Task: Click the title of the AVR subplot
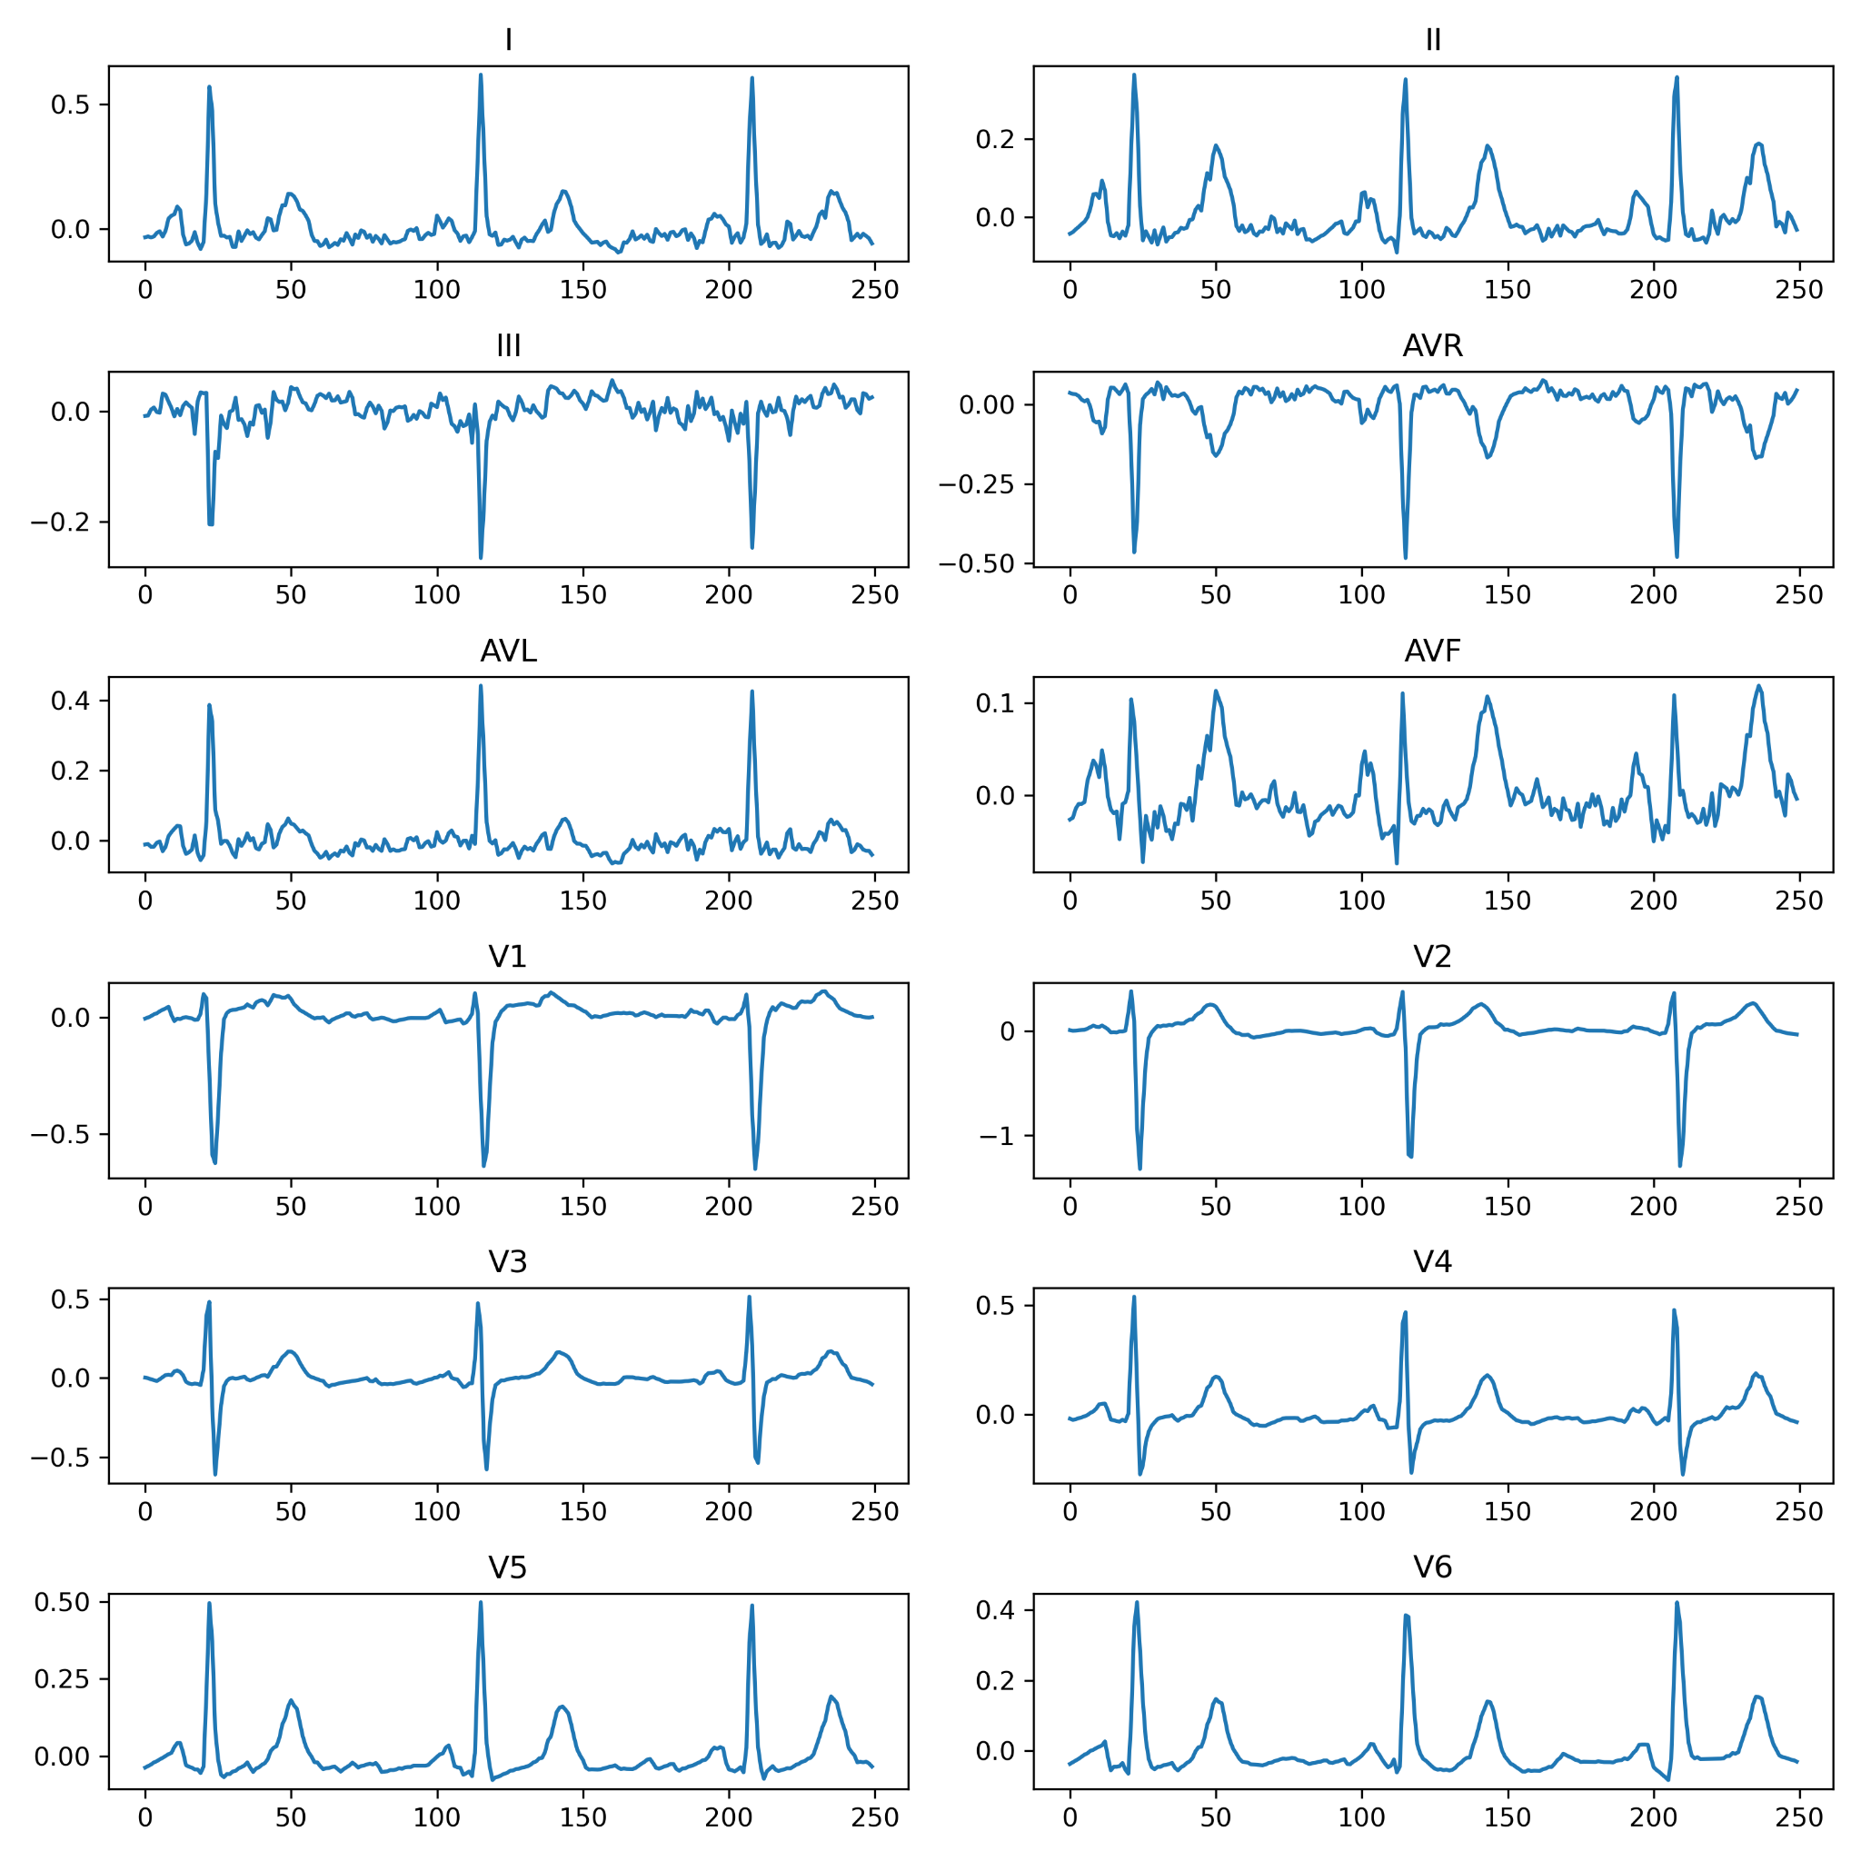pos(1432,346)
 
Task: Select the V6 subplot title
pos(1432,1567)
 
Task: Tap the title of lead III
pos(508,346)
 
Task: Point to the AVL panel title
pos(508,652)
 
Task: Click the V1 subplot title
pos(508,957)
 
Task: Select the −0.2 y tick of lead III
pos(60,522)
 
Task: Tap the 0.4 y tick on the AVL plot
pos(69,701)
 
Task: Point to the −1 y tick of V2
pos(998,1137)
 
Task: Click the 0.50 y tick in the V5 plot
pos(62,1602)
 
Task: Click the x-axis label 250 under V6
pos(1799,1817)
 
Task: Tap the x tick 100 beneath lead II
pos(1361,290)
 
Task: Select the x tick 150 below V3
pos(582,1511)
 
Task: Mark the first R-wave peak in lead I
pos(209,86)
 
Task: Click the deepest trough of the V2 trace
pos(1139,1169)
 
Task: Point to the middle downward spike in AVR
pos(1406,558)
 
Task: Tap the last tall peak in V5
pos(751,1605)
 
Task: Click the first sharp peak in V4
pos(1134,1297)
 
